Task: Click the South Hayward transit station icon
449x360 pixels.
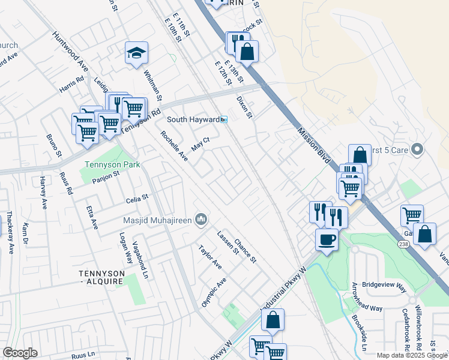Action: [223, 119]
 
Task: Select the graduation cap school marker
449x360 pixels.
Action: [136, 53]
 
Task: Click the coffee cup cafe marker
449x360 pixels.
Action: [327, 239]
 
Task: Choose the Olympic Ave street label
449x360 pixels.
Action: [214, 292]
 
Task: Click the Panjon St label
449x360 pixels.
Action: [106, 176]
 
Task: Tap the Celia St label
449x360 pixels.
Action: [137, 197]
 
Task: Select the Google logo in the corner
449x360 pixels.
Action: [20, 353]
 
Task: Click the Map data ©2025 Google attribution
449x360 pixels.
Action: [411, 355]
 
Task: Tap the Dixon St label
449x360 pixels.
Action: [246, 107]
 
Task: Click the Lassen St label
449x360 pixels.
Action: [228, 242]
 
